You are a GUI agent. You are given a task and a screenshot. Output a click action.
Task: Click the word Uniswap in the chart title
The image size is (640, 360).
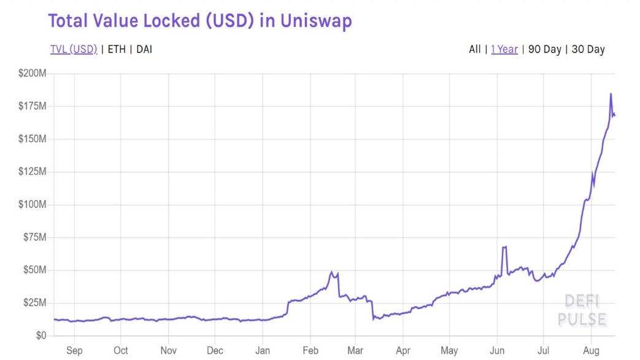[317, 21]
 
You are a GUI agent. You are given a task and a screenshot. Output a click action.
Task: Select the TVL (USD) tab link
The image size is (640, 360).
[74, 49]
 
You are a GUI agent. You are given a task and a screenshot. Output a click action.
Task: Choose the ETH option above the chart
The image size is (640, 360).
[117, 49]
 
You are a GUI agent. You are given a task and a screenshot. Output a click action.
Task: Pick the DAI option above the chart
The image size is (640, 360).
[144, 49]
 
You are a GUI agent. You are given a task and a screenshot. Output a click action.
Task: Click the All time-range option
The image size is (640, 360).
[474, 49]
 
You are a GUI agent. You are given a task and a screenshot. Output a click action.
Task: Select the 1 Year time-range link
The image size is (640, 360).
[504, 49]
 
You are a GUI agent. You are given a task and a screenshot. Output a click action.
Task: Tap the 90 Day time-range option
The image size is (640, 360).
[544, 49]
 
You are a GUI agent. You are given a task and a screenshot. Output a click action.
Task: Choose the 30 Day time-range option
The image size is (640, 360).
[588, 49]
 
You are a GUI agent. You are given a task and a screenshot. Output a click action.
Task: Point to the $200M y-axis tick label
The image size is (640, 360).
[33, 74]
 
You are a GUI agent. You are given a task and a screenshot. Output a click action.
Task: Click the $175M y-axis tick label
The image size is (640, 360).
[33, 107]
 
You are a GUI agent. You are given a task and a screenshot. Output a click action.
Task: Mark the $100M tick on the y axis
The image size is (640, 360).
[33, 205]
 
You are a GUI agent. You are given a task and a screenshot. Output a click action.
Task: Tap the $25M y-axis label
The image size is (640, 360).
[34, 303]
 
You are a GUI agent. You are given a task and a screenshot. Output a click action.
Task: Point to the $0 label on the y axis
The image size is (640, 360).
[40, 336]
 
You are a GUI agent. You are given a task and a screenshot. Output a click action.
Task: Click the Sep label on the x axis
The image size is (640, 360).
[74, 351]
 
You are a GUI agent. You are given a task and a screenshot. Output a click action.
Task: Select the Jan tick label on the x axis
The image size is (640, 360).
[263, 351]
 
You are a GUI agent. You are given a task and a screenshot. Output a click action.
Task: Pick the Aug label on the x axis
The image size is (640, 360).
[591, 351]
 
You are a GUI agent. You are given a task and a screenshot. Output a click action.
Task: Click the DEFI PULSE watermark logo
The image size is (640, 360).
[582, 310]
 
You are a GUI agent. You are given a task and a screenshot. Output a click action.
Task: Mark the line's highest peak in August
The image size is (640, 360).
[611, 94]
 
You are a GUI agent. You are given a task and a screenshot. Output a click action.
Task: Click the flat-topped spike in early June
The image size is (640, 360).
[504, 247]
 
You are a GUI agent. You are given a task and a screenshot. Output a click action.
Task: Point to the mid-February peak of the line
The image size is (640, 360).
[332, 272]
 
